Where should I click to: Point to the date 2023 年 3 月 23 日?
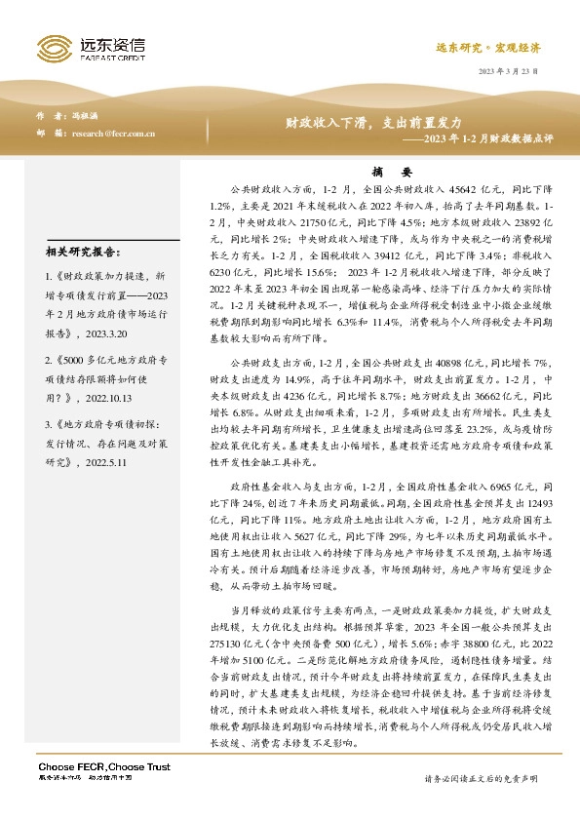click(x=507, y=74)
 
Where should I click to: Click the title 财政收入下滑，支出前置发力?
click(x=360, y=124)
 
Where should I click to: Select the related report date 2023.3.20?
click(x=111, y=332)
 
